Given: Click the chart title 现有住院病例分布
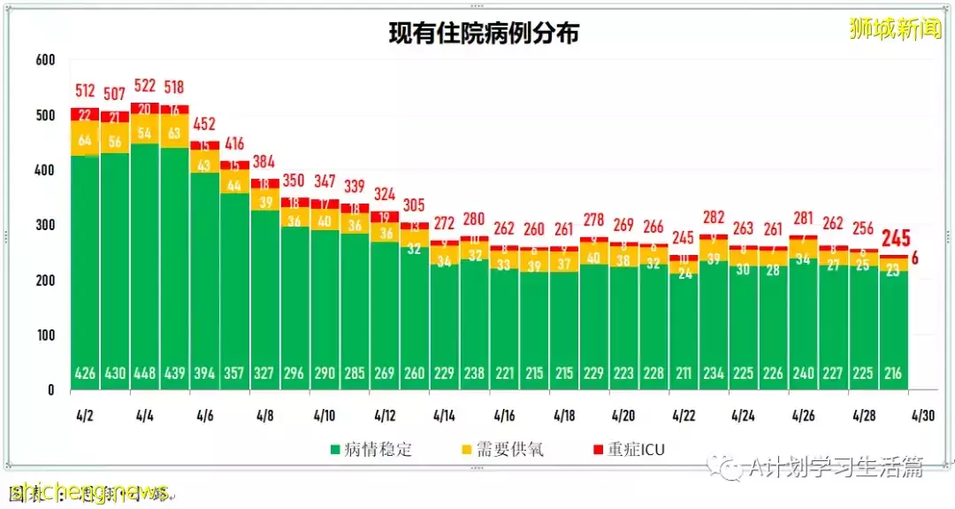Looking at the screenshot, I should click(484, 34).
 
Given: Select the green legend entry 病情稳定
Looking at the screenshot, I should click(371, 450).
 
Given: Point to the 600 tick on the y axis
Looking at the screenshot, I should click(45, 60).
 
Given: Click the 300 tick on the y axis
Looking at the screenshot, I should click(45, 225).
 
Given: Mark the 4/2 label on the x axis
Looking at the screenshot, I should click(85, 414).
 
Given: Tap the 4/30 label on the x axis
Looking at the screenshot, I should click(922, 414).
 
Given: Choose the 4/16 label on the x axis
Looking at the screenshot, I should click(505, 414).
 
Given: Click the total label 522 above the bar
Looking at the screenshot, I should click(144, 85).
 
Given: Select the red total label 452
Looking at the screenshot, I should click(204, 123).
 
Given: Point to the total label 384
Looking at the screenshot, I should click(264, 162).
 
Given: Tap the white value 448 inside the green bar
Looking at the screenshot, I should click(144, 374).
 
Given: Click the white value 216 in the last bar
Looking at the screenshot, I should click(892, 374).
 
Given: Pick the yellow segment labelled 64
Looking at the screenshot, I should click(85, 139).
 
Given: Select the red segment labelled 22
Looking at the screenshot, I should click(85, 114).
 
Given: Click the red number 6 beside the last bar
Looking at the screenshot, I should click(914, 258).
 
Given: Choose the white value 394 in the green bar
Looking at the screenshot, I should click(204, 374).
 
